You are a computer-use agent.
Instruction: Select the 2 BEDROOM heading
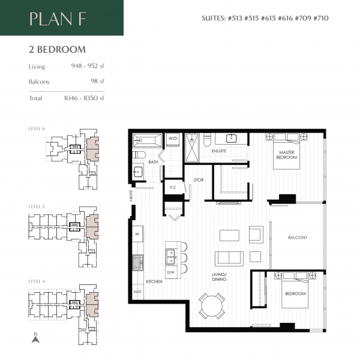click(x=57, y=50)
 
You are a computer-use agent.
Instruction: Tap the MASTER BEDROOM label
click(x=287, y=154)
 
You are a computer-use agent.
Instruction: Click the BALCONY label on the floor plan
click(x=297, y=238)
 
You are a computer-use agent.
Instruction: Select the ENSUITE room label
click(x=218, y=151)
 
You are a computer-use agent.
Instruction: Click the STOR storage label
click(x=198, y=180)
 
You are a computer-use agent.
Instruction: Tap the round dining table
click(x=212, y=306)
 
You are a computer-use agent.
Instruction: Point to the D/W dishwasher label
click(x=170, y=273)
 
